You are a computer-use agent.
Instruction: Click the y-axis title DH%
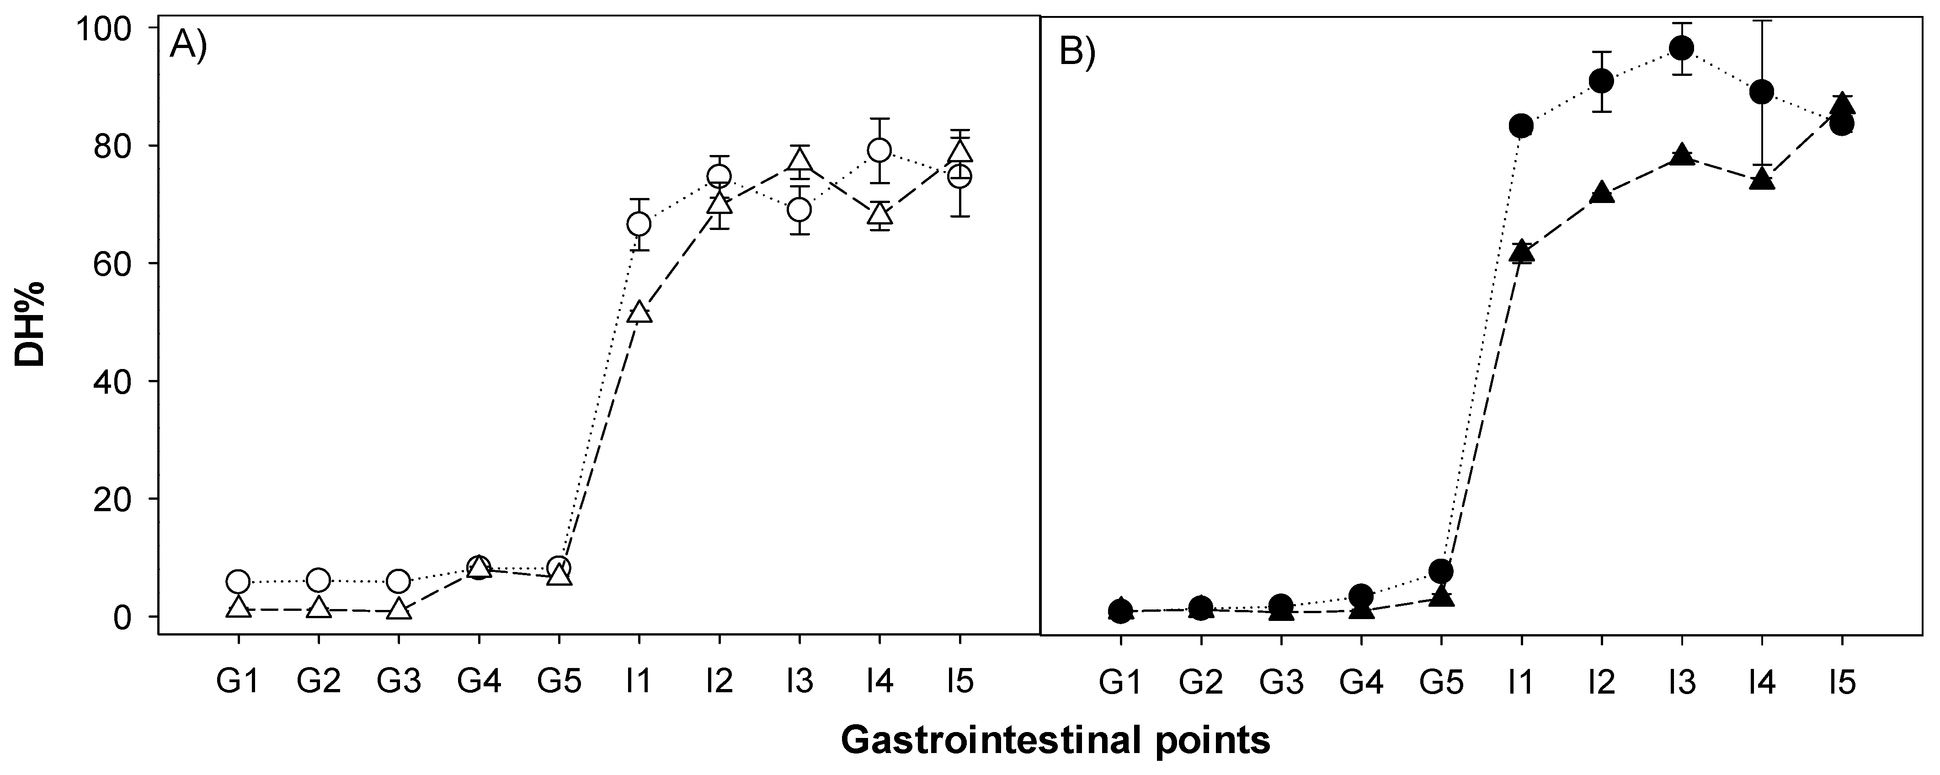pyautogui.click(x=30, y=324)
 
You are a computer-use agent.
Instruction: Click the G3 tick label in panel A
pyautogui.click(x=399, y=682)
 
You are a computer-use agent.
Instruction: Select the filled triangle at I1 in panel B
pyautogui.click(x=1521, y=251)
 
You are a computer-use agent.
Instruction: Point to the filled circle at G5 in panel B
pyautogui.click(x=1441, y=570)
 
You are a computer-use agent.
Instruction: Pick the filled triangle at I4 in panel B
pyautogui.click(x=1762, y=179)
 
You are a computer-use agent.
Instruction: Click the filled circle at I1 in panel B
pyautogui.click(x=1521, y=126)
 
